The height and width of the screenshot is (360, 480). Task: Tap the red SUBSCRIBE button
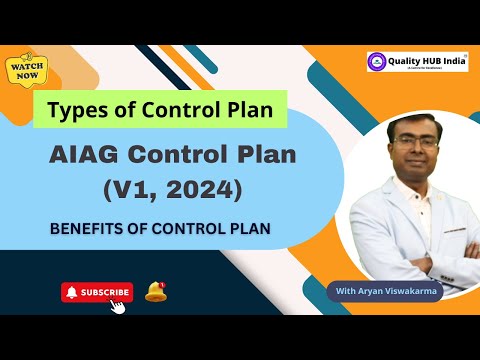click(97, 292)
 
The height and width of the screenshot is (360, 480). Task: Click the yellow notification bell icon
click(155, 291)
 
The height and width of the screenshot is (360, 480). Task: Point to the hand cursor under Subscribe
click(117, 305)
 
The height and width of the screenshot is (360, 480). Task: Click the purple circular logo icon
click(378, 63)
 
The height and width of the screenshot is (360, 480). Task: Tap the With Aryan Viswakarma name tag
click(386, 291)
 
